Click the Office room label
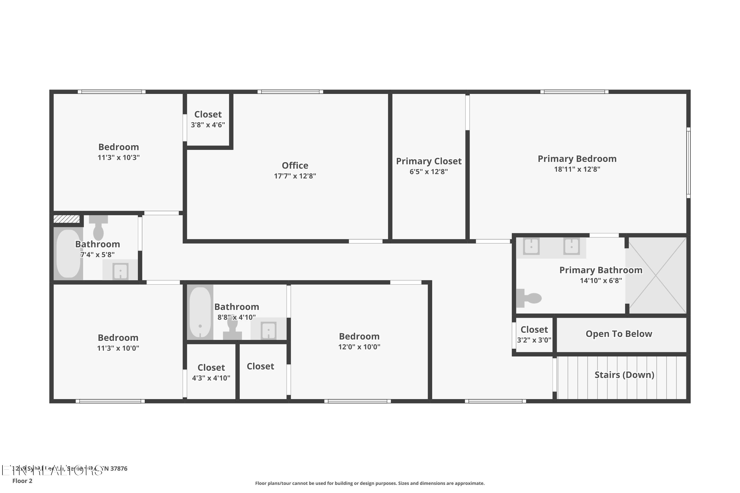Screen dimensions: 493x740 click(295, 165)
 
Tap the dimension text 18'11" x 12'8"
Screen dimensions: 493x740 click(577, 169)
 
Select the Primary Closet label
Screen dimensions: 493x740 click(428, 161)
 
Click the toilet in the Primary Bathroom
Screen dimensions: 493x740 click(529, 298)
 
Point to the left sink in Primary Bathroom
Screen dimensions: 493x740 click(531, 246)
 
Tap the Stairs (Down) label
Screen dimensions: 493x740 click(624, 375)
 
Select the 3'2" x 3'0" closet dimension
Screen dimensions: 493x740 click(534, 340)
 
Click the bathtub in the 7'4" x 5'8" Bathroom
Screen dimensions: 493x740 click(68, 253)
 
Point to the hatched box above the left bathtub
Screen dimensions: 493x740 click(66, 219)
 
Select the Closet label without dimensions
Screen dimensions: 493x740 click(260, 366)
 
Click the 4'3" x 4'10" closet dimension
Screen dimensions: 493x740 click(211, 378)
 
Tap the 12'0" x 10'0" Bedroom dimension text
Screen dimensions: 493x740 click(359, 347)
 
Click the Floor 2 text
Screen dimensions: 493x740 click(22, 481)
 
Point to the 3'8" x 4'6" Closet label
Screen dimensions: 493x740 click(208, 114)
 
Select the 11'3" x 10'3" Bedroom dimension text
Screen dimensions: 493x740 click(119, 158)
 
